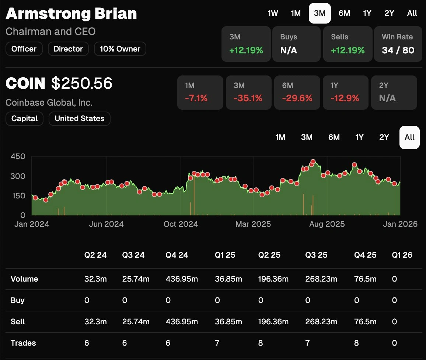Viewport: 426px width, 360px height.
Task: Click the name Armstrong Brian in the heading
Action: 71,14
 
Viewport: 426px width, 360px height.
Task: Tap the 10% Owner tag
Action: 120,49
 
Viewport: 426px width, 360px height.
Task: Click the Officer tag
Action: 24,49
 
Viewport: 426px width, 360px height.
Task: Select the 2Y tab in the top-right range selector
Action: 389,13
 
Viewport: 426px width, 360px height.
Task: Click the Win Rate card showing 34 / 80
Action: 398,44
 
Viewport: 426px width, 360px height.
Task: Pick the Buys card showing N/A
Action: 296,44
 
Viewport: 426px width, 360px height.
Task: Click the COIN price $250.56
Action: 81,84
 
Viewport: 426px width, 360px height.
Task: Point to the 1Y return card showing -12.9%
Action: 345,93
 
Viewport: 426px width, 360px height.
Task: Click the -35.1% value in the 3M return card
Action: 248,98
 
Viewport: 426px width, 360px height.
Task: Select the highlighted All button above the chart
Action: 409,137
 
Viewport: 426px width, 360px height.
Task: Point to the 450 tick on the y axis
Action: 18,156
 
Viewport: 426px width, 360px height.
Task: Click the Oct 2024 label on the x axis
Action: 181,224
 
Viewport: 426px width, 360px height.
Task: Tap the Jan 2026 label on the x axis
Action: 400,224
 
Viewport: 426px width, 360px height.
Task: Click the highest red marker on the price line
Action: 313,162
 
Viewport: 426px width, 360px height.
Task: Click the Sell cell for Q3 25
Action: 321,322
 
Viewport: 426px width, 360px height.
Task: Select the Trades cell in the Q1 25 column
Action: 217,343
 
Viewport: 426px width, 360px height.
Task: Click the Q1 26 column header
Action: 402,255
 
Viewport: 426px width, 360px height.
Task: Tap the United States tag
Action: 79,119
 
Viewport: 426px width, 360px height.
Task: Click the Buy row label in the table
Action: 17,300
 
